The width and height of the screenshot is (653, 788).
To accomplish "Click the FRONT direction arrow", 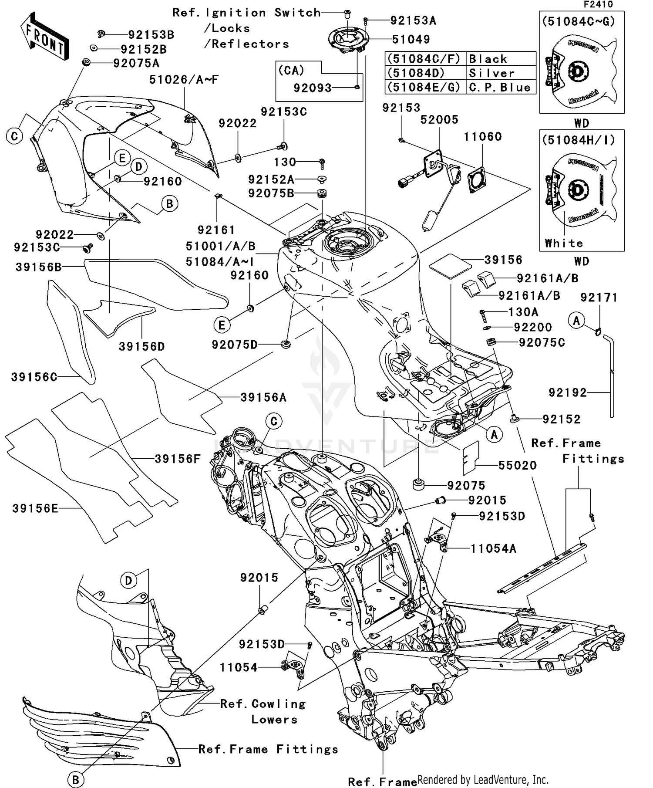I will pos(45,37).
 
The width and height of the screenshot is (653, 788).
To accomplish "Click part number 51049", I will pos(411,40).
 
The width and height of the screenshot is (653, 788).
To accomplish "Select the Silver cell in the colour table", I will pos(491,73).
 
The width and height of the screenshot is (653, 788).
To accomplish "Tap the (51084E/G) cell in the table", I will pos(424,88).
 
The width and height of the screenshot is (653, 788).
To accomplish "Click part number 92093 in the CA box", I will pos(312,88).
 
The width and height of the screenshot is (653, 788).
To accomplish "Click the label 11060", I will pos(482,137).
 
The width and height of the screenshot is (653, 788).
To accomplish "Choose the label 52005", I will pos(439,120).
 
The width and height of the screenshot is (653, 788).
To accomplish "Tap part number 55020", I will pos(517,466).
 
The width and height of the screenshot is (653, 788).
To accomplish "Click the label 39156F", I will pos(178,459).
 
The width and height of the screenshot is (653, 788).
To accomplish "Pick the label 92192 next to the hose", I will pos(568,393).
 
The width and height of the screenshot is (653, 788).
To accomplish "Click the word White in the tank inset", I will pos(563,244).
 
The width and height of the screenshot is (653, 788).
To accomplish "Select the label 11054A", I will pos(493,549).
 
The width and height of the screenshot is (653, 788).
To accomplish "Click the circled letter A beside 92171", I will pos(576,321).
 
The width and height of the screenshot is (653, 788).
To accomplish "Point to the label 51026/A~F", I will pos(184,80).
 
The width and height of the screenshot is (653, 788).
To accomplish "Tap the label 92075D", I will pos(235,345).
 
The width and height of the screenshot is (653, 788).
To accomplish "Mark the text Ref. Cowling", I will pos(263,704).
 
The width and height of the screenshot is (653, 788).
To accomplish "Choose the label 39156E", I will pos(35,509).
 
